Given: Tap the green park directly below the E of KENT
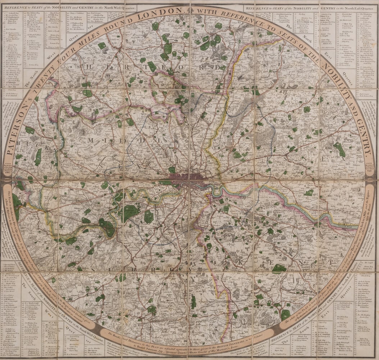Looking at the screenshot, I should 279,269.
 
